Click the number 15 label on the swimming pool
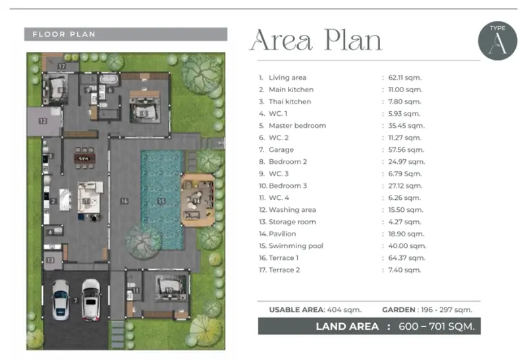[161, 201]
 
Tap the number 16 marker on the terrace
[125, 201]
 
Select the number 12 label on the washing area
[43, 121]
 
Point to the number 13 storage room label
[50, 260]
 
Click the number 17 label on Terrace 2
[61, 66]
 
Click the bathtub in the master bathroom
[109, 80]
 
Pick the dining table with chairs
[84, 158]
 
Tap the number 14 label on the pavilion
[196, 201]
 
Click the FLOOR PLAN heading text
[64, 34]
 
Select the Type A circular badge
[497, 41]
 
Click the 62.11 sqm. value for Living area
[404, 78]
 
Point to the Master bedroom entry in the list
[292, 126]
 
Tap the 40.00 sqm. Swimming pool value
[407, 246]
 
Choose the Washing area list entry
[287, 210]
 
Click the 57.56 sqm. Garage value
[406, 150]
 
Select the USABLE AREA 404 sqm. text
[316, 309]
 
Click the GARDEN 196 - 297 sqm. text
[427, 309]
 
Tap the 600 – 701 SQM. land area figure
[437, 326]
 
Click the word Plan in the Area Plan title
[353, 40]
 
